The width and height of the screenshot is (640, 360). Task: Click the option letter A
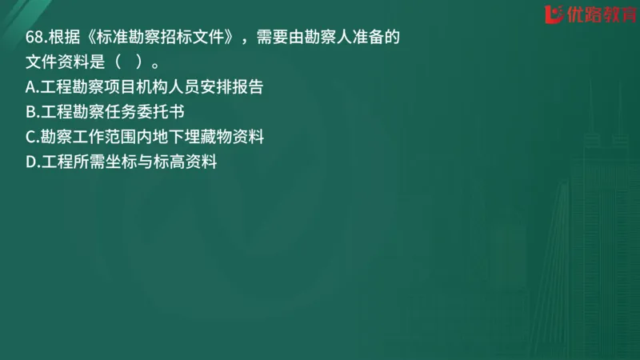(31, 87)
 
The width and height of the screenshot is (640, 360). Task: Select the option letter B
(31, 112)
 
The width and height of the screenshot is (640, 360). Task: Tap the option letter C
(31, 137)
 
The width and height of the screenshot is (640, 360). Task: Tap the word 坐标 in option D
(122, 162)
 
